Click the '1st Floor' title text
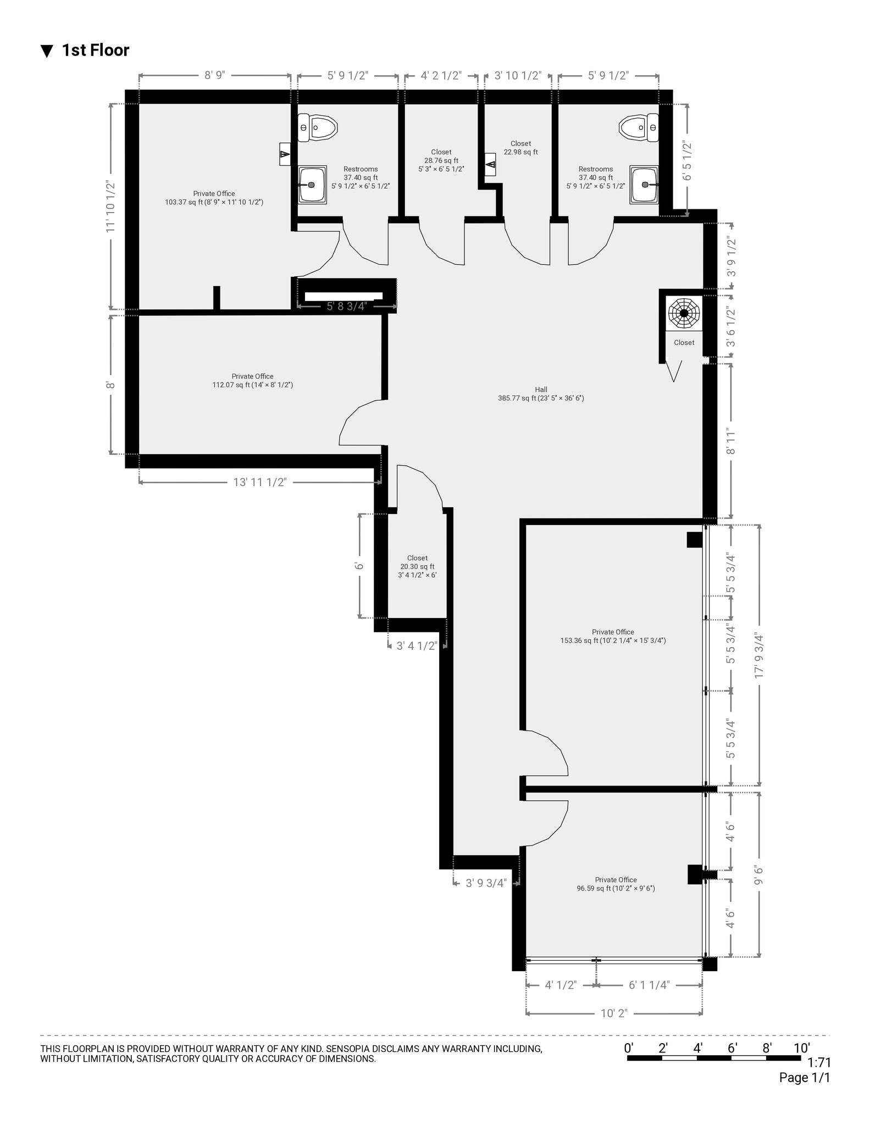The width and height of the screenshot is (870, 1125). point(95,51)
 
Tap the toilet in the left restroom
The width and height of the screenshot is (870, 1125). point(317,128)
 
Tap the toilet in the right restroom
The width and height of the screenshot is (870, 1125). point(638,128)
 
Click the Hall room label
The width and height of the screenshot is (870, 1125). point(541,394)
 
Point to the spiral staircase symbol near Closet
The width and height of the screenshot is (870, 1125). point(684,314)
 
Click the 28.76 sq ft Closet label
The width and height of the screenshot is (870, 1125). point(441,160)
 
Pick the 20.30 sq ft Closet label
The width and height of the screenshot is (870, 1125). point(417,566)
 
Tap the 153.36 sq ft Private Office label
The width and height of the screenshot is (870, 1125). point(613,636)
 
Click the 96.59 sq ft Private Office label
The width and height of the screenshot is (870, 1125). point(616,884)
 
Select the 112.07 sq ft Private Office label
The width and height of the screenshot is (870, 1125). point(252,381)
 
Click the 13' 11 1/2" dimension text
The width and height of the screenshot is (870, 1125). point(259,482)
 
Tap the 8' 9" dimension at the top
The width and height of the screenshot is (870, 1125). point(215,76)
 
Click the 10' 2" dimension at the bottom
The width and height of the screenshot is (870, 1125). point(614,1013)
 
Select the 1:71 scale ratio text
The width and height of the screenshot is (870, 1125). point(819,1062)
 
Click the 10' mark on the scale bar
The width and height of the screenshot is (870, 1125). point(801,1048)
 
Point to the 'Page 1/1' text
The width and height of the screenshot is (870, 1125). point(804,1078)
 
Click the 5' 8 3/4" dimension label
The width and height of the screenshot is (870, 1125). point(346,306)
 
